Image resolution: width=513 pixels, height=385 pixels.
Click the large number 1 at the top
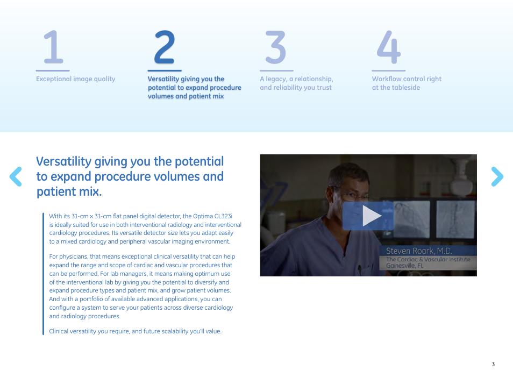pyautogui.click(x=54, y=47)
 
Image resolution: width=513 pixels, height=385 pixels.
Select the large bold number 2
pyautogui.click(x=165, y=47)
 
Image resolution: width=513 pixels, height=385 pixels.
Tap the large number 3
pyautogui.click(x=276, y=47)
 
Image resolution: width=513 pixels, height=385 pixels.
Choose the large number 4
pyautogui.click(x=388, y=47)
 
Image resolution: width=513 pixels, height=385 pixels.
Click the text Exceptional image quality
pyautogui.click(x=76, y=79)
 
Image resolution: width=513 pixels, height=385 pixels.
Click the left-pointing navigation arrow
pyautogui.click(x=16, y=176)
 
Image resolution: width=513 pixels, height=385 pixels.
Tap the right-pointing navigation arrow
pyautogui.click(x=497, y=176)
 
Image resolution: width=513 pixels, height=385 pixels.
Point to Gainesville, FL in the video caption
pyautogui.click(x=405, y=266)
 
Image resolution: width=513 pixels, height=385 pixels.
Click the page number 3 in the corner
pyautogui.click(x=493, y=364)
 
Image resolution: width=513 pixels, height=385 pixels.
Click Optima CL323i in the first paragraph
pyautogui.click(x=212, y=216)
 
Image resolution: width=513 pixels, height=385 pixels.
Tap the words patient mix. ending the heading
pyautogui.click(x=69, y=191)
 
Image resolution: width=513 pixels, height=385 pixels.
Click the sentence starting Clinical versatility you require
pyautogui.click(x=135, y=331)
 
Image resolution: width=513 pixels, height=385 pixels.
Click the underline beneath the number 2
pyautogui.click(x=165, y=70)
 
